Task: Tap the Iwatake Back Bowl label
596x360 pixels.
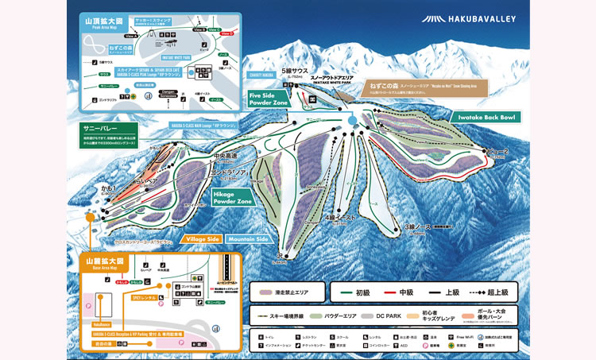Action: click(487, 117)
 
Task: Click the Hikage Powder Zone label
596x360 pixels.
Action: click(233, 197)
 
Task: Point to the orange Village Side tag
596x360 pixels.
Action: click(203, 239)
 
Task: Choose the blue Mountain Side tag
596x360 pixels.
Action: click(247, 239)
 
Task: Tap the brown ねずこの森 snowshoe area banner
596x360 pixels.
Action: click(422, 87)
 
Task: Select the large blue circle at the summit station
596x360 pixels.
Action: click(352, 120)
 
